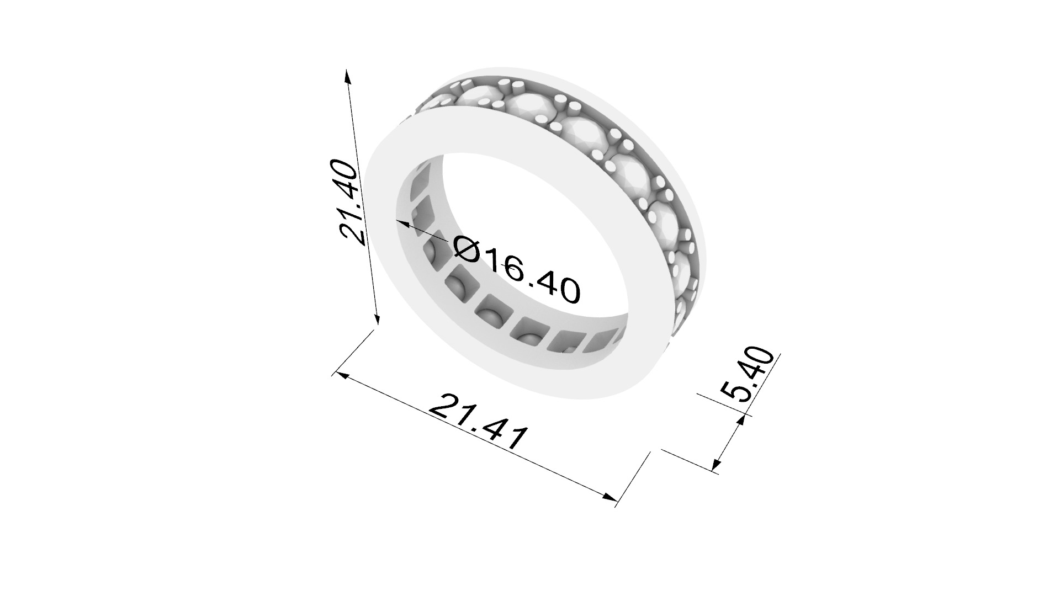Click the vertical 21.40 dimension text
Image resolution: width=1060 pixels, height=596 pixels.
[351, 201]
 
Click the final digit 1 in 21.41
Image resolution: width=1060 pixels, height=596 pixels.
[516, 440]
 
